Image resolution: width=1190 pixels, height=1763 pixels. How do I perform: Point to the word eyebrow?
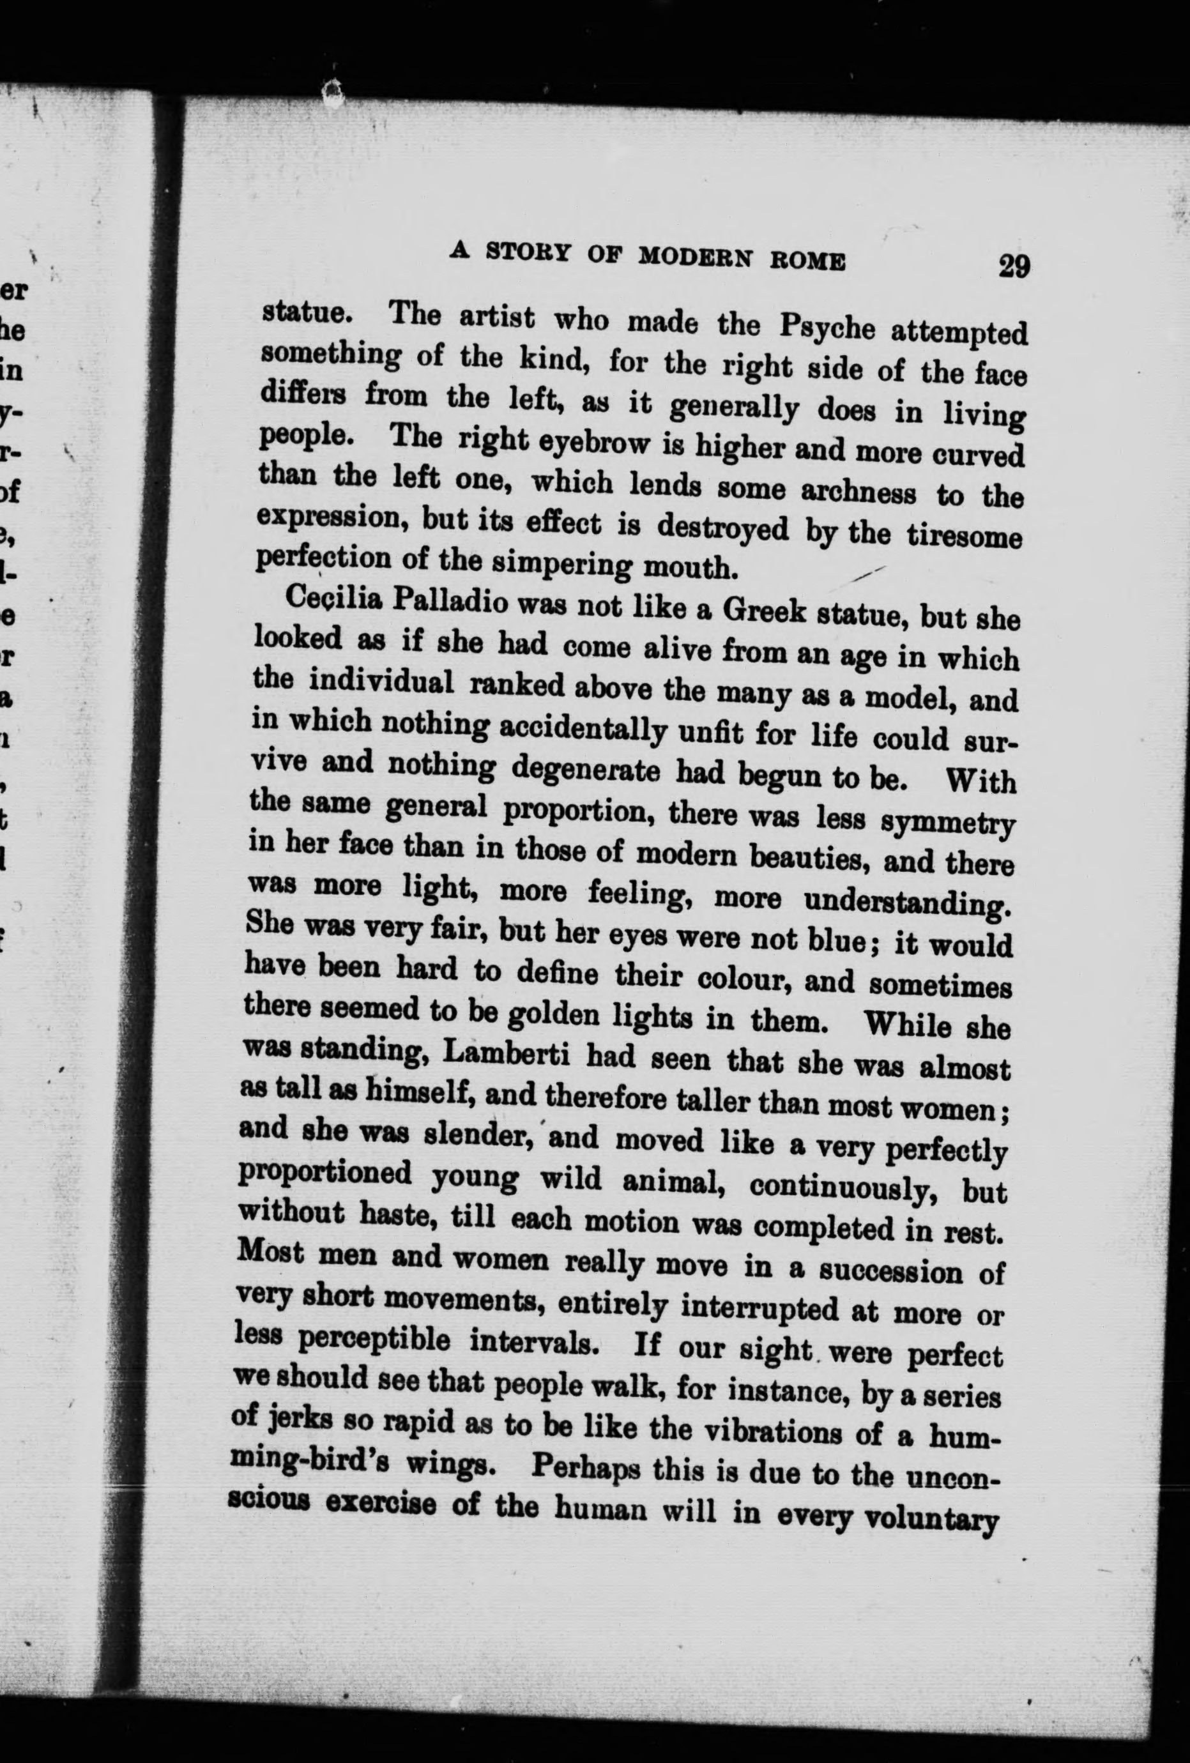[579, 442]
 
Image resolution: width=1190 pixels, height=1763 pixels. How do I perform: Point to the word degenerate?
[586, 771]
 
